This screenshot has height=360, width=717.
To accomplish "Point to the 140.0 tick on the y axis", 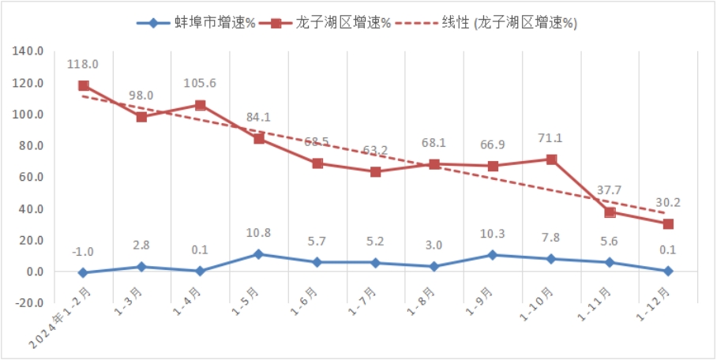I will click(x=28, y=51).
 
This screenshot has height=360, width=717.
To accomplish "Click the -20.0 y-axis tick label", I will click(x=28, y=303).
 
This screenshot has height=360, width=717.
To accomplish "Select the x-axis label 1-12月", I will click(x=655, y=303).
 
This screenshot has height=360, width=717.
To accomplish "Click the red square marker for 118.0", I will click(x=84, y=86).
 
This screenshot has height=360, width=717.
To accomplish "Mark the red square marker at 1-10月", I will click(x=551, y=159).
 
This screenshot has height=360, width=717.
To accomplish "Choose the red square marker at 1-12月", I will click(x=668, y=224).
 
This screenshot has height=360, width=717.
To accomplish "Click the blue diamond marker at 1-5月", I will click(x=259, y=254).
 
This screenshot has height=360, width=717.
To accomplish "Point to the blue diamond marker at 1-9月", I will click(x=493, y=255).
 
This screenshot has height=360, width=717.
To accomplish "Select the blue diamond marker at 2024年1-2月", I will click(x=84, y=273).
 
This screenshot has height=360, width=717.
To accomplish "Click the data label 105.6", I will click(x=200, y=83).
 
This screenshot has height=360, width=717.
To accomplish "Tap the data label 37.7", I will click(x=608, y=189).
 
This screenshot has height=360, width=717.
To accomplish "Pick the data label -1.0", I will click(x=83, y=252).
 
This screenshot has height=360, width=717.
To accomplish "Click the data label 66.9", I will click(x=492, y=146).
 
